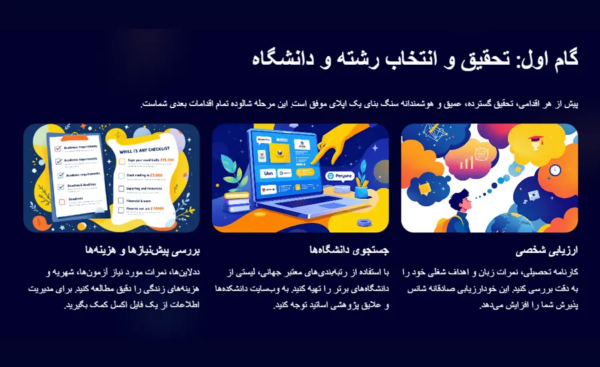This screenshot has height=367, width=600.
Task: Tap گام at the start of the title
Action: [x=562, y=58]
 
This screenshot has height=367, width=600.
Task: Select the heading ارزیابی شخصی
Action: [x=547, y=251]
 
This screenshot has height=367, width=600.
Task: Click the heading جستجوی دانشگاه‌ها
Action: [x=349, y=251]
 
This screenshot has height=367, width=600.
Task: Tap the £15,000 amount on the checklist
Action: [x=166, y=160]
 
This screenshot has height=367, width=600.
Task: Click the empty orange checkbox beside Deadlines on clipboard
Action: [x=62, y=200]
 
